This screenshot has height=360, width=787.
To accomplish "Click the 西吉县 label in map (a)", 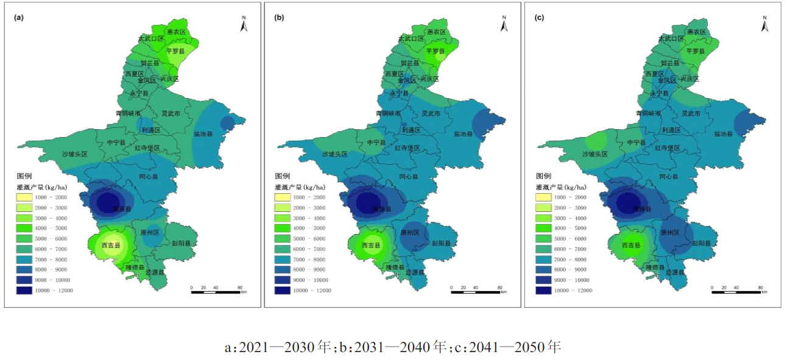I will [111, 245].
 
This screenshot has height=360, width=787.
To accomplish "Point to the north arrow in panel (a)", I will [244, 24].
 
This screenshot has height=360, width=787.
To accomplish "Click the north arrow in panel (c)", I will [764, 24].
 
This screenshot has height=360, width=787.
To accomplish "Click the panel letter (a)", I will [19, 18].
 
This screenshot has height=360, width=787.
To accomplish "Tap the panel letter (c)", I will [539, 18].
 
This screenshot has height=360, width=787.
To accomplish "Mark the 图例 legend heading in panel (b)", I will [282, 175].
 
